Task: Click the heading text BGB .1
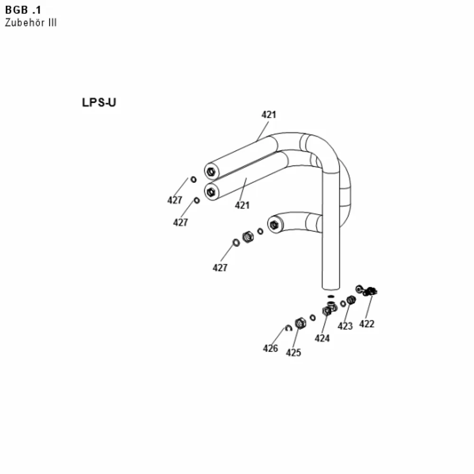coord(23,10)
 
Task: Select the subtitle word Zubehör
coord(25,23)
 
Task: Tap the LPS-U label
coord(99,102)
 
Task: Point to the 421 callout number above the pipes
coord(269,115)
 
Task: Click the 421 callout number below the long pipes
coord(242,206)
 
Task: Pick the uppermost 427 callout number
coord(175,200)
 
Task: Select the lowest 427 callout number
coord(220,268)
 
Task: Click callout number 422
coord(367,324)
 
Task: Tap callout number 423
coord(345,326)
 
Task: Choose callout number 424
coord(322,338)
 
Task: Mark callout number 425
coord(293,353)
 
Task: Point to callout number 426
coord(270,348)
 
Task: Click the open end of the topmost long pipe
coord(211,172)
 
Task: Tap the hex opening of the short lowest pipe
coord(274,225)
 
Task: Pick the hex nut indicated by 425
coord(300,323)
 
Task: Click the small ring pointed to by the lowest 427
coord(236,242)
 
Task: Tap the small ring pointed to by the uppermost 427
coord(193,180)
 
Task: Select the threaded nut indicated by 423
coord(351,300)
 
